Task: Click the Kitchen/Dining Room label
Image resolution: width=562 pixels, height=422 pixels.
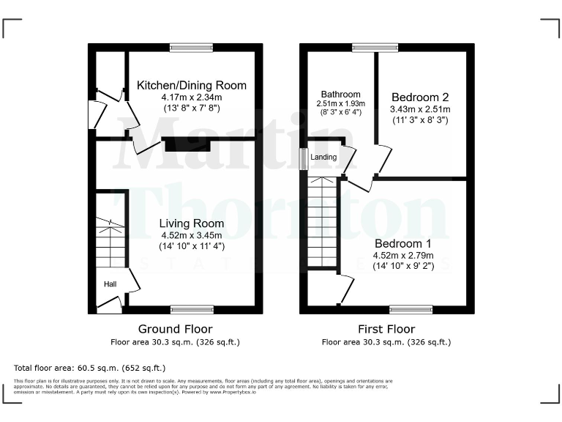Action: pos(192,86)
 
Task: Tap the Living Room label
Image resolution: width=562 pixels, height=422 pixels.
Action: pos(192,223)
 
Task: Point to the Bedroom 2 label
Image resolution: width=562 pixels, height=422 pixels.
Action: pos(420,97)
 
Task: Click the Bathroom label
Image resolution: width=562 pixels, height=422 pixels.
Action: pos(340,95)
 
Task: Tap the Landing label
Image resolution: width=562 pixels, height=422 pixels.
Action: pos(323,158)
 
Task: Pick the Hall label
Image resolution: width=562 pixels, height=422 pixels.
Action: pos(109,284)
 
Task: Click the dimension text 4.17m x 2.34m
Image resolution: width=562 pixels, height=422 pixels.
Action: pos(192,97)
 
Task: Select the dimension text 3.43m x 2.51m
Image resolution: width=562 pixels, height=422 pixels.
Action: pos(421,109)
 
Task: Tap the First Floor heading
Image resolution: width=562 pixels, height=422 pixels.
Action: pos(386,329)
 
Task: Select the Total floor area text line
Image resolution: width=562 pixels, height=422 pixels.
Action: pos(90,367)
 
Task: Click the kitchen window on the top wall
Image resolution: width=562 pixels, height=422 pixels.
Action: pos(192,48)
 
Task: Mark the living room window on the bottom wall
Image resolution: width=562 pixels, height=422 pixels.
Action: pos(192,309)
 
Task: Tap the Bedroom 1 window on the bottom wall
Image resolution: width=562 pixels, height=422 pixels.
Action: pos(411,309)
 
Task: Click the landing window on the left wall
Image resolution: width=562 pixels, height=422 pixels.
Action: pos(304,160)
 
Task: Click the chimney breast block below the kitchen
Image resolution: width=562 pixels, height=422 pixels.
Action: pos(187,144)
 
